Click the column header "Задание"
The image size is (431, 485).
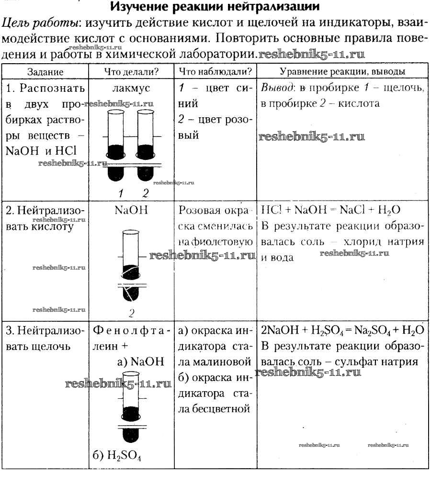click(x=45, y=72)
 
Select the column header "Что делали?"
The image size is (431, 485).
click(x=132, y=72)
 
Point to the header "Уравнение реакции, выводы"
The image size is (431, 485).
click(x=342, y=72)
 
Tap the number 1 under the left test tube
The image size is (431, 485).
click(x=121, y=193)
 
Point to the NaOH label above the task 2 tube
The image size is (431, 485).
click(x=132, y=210)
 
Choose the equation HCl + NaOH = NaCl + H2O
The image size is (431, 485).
click(x=331, y=211)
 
